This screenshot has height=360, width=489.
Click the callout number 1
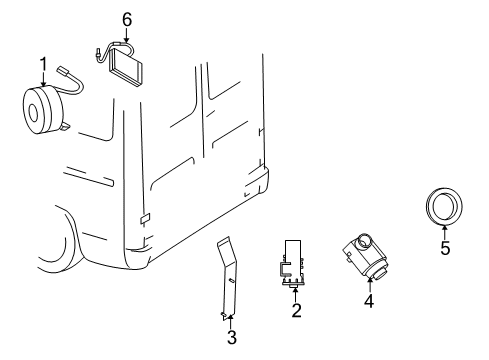(x=44, y=65)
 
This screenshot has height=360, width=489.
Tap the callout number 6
(x=126, y=18)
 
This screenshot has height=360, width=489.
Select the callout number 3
(x=231, y=337)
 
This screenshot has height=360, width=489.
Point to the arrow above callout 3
(x=229, y=318)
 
